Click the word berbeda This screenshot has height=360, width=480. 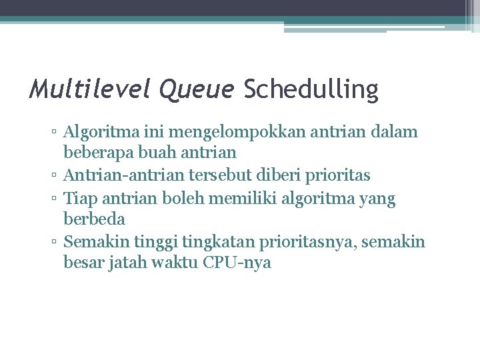tap(94, 219)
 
